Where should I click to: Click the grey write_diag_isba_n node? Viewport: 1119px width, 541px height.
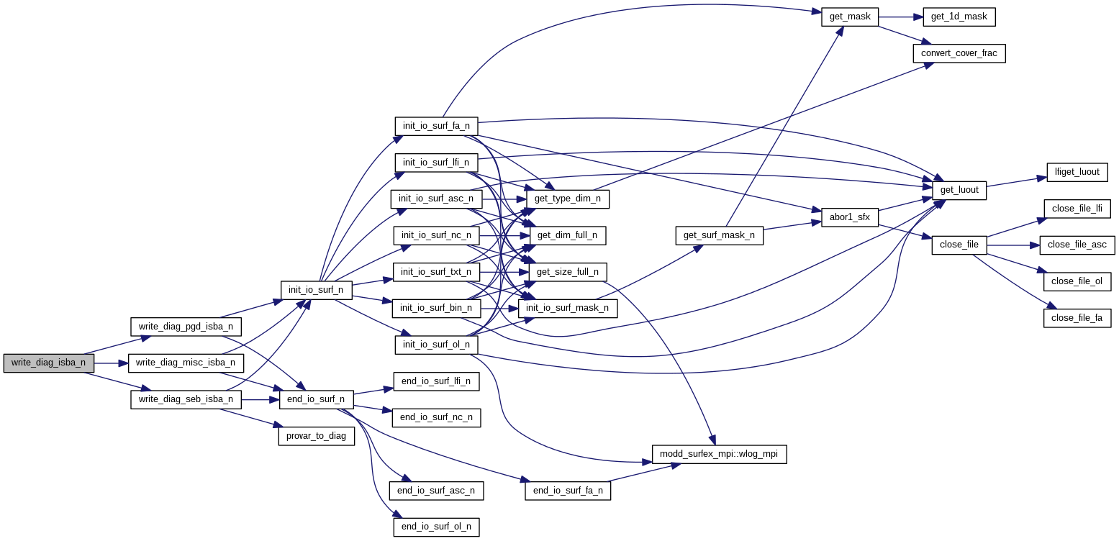click(x=48, y=363)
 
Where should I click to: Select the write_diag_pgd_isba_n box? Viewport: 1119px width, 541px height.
click(x=186, y=327)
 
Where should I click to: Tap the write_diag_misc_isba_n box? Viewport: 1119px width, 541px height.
click(x=186, y=363)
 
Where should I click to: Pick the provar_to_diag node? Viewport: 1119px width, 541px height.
click(x=317, y=436)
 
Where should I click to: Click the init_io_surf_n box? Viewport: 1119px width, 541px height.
click(x=316, y=290)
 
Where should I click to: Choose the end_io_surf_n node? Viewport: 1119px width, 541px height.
click(x=316, y=399)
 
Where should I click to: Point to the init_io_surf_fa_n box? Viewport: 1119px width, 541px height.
click(x=436, y=126)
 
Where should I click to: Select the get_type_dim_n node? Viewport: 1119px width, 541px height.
click(x=568, y=199)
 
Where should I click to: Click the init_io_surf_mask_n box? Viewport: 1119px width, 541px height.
click(x=568, y=309)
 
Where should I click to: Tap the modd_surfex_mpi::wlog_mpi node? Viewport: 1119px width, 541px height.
click(x=719, y=455)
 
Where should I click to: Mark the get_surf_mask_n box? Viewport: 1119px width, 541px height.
click(x=719, y=235)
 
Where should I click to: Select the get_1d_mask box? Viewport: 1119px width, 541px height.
click(x=959, y=17)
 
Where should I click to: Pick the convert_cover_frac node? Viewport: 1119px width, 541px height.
click(x=959, y=53)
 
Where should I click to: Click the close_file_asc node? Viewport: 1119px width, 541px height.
click(x=1077, y=245)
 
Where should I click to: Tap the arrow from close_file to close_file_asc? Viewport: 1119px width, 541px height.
click(x=1012, y=245)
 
